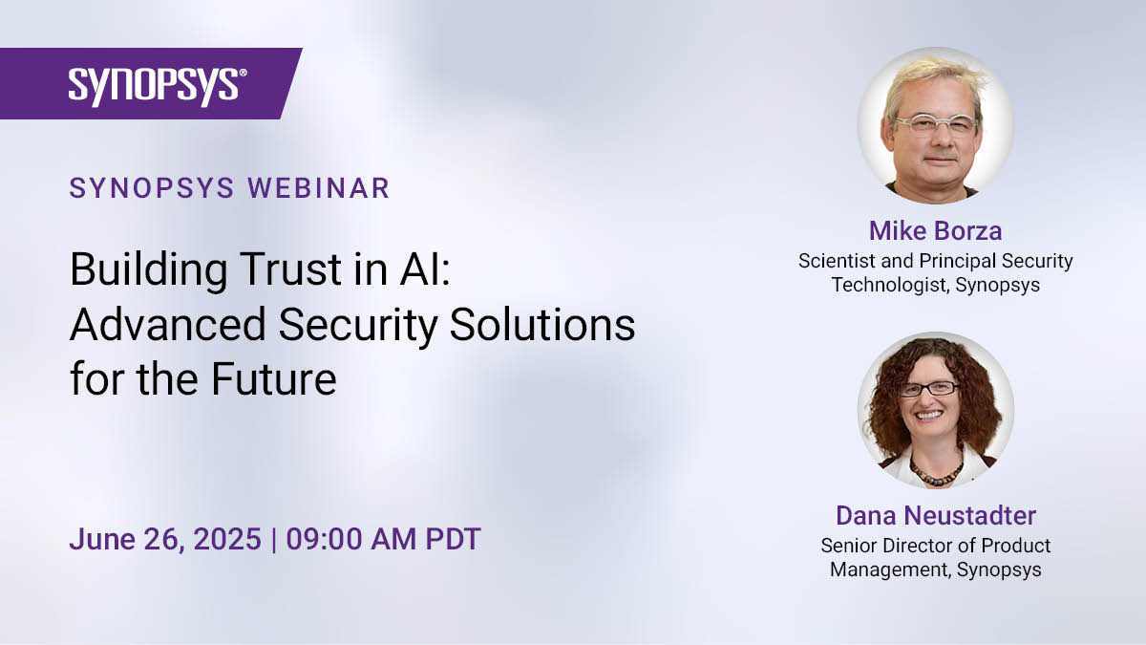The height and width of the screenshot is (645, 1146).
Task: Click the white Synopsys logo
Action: point(154,87)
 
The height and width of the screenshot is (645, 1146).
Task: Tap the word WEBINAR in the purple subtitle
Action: point(319,188)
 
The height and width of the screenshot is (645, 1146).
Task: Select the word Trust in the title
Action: point(290,269)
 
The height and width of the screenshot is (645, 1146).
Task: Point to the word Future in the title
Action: point(274,379)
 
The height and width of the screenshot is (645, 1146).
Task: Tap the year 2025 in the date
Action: point(227,539)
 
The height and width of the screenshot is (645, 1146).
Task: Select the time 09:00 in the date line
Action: point(326,539)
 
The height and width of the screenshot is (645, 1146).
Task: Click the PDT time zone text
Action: point(454,539)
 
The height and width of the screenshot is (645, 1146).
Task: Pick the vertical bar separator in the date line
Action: point(274,540)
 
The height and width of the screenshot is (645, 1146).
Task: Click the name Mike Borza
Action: point(935,230)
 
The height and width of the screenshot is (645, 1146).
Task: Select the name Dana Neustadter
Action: point(936,515)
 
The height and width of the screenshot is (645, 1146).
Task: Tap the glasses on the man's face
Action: point(936,124)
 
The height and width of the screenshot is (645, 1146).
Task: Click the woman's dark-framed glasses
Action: point(928,389)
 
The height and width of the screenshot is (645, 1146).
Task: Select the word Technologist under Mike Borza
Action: point(890,285)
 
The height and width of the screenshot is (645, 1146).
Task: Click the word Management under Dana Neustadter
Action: point(890,570)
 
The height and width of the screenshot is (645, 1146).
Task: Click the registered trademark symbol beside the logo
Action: point(243,73)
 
